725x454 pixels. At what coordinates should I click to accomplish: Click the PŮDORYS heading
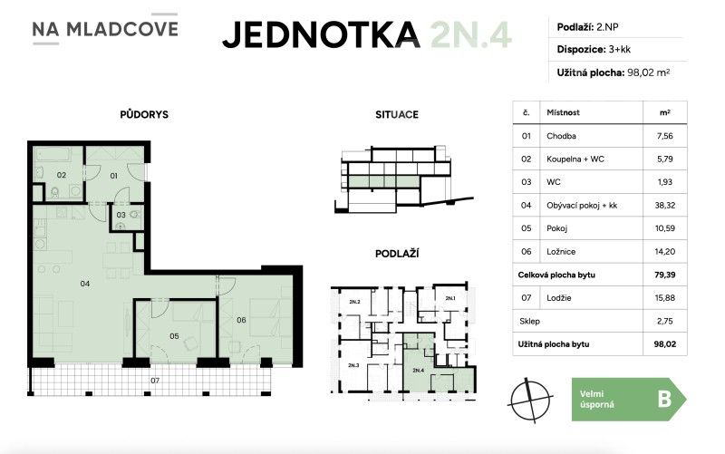click(144, 115)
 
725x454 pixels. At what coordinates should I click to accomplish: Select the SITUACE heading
click(396, 115)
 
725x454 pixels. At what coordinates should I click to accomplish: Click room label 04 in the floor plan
click(84, 284)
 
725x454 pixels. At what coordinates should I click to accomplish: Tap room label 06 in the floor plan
click(241, 319)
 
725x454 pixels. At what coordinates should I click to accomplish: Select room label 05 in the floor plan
click(174, 336)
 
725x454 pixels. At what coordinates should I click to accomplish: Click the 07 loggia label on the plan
click(154, 380)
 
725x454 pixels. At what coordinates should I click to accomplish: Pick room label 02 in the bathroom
click(62, 174)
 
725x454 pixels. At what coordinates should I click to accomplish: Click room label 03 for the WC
click(121, 215)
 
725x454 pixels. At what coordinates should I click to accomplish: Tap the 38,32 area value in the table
click(663, 206)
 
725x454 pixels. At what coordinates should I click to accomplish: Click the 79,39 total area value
click(663, 274)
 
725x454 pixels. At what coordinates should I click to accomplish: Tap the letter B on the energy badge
click(663, 399)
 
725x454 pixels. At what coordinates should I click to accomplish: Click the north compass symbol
click(530, 399)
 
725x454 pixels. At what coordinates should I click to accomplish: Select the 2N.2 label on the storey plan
click(353, 301)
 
